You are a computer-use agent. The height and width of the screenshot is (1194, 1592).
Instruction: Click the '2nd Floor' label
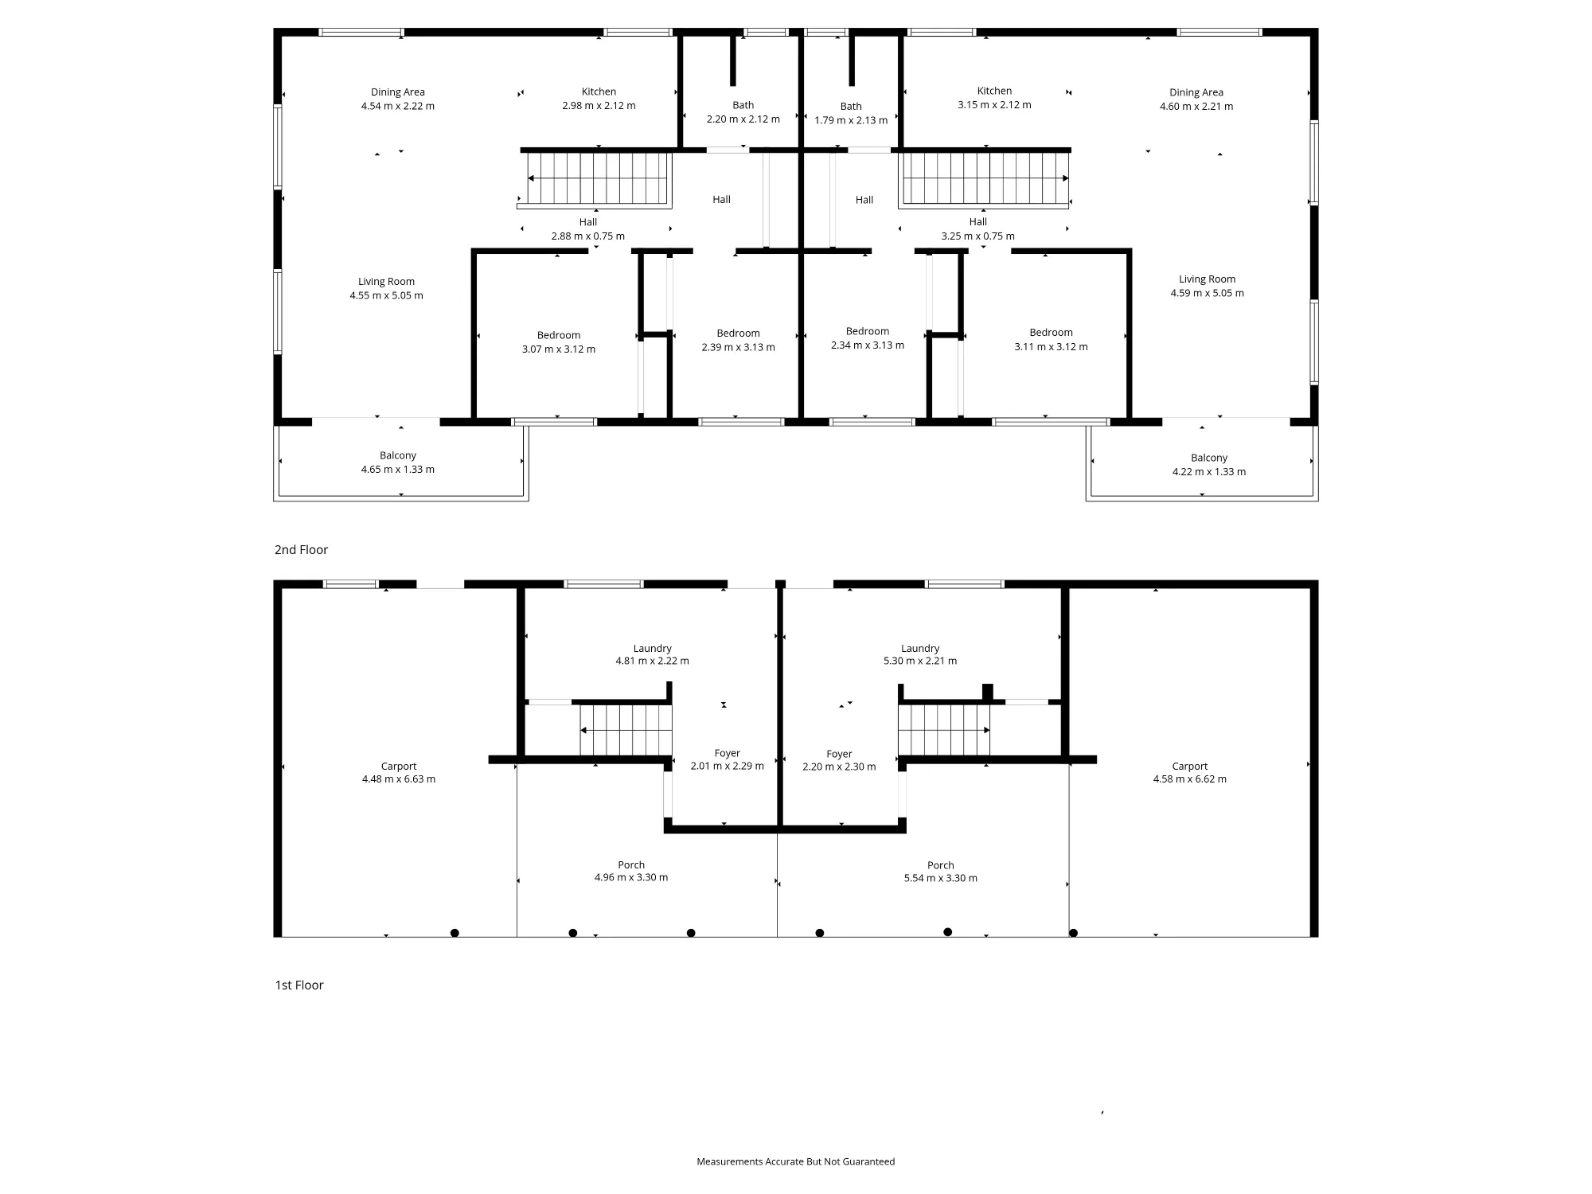point(301,550)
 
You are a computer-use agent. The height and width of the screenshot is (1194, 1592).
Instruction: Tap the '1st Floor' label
point(299,985)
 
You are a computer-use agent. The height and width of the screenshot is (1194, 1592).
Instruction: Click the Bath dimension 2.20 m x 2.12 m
point(743,119)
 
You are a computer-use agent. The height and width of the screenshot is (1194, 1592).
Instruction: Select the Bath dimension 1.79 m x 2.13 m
point(851,121)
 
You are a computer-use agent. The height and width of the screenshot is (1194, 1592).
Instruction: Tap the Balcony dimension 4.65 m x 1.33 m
point(398,470)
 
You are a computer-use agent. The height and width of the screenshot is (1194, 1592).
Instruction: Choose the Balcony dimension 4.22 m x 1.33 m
point(1209,472)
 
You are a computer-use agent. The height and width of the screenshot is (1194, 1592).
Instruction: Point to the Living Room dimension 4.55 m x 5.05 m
point(386,295)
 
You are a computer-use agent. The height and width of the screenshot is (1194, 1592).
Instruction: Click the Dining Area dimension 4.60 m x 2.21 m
point(1196,107)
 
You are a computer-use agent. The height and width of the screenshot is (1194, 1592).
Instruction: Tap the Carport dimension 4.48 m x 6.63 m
point(399,779)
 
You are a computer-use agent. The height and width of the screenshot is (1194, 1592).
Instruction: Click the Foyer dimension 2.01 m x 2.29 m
point(728,767)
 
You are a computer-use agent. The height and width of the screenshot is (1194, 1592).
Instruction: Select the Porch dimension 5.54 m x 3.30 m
point(941,879)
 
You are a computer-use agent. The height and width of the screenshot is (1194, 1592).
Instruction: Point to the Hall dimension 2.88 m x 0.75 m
point(588,236)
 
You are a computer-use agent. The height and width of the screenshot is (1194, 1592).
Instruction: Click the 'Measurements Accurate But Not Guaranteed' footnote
point(796,1162)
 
